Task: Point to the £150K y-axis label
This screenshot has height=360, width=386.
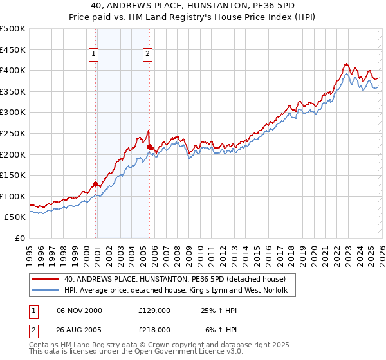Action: click(x=13, y=175)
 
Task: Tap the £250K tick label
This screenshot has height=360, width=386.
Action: click(x=13, y=133)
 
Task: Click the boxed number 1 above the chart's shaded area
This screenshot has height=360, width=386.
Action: click(x=95, y=55)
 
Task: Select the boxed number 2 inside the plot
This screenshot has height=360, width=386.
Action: click(x=148, y=55)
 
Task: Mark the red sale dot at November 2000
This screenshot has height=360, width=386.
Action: click(x=96, y=184)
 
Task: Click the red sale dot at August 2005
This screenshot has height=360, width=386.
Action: click(x=150, y=147)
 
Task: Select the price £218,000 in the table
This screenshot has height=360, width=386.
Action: click(x=154, y=329)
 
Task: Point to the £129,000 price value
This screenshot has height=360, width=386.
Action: click(x=154, y=310)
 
